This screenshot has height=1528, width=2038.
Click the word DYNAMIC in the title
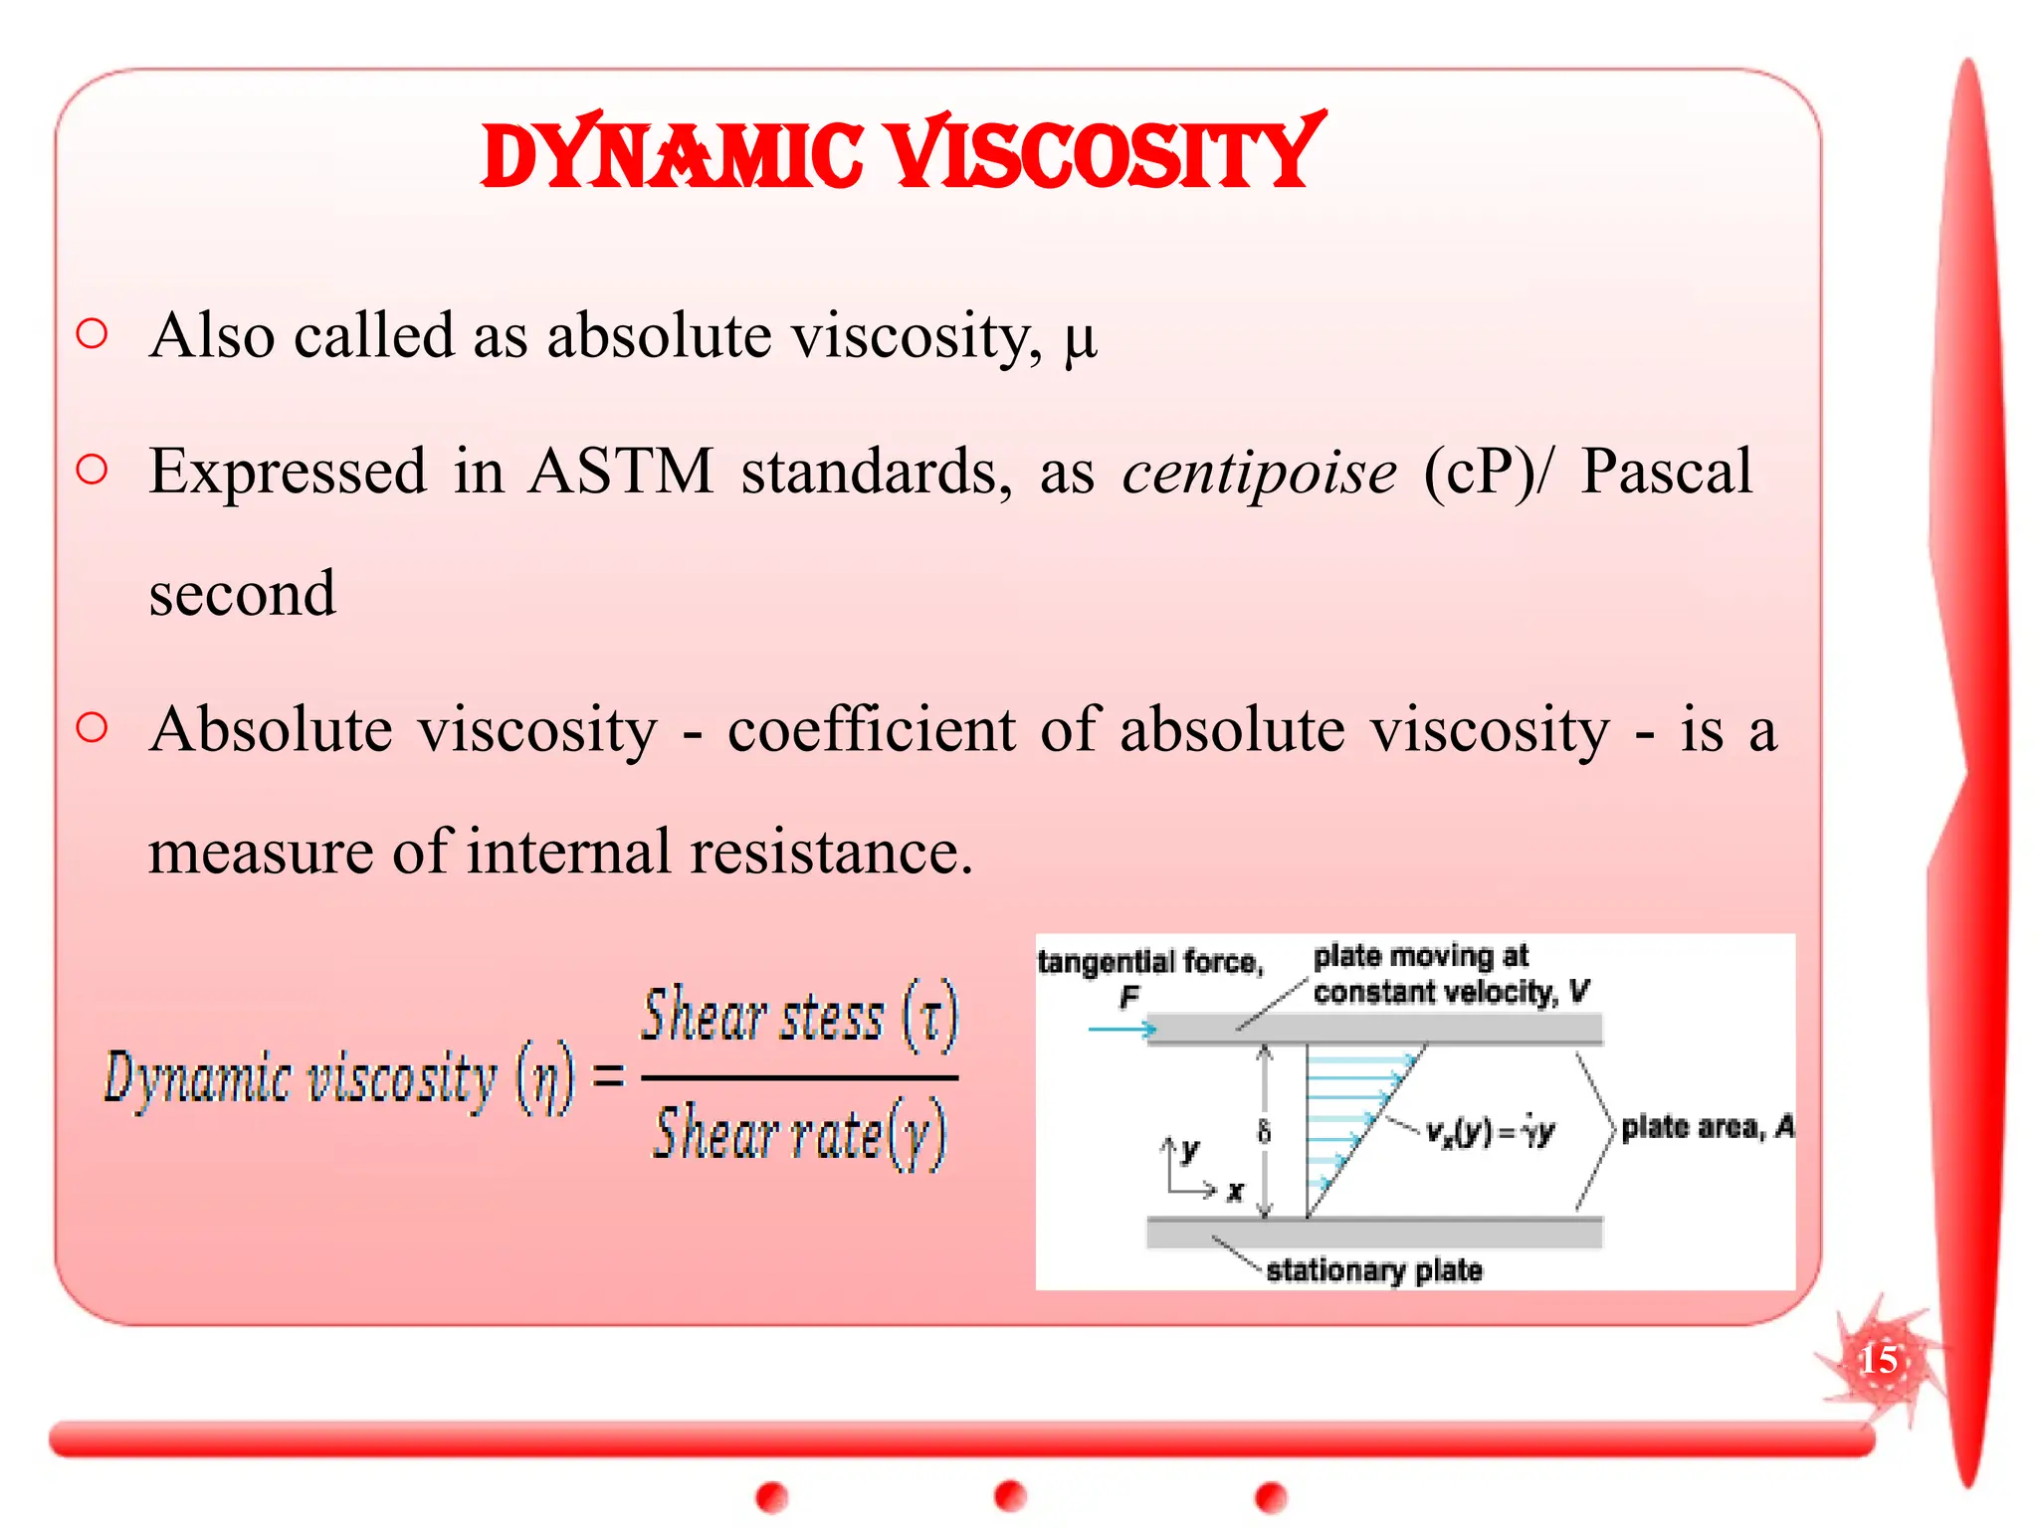click(673, 157)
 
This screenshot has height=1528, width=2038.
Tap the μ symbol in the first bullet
click(1080, 339)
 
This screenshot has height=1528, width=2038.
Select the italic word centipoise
click(1259, 472)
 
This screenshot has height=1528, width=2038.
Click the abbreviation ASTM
click(621, 472)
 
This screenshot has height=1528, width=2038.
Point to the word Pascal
click(1666, 472)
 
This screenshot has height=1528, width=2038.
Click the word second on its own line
click(243, 594)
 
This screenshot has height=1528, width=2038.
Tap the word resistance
click(831, 853)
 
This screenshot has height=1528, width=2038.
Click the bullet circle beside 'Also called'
click(92, 333)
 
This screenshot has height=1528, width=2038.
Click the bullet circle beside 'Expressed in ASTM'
click(92, 469)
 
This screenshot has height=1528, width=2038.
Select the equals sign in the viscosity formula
click(608, 1076)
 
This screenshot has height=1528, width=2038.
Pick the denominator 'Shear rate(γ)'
click(799, 1134)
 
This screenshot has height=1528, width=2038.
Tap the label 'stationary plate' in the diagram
click(1374, 1270)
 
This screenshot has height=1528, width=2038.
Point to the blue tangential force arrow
click(1121, 1029)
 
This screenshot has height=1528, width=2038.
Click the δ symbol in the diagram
click(1264, 1131)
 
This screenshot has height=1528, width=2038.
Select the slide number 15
click(1878, 1359)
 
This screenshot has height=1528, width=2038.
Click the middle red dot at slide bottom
click(1010, 1495)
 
